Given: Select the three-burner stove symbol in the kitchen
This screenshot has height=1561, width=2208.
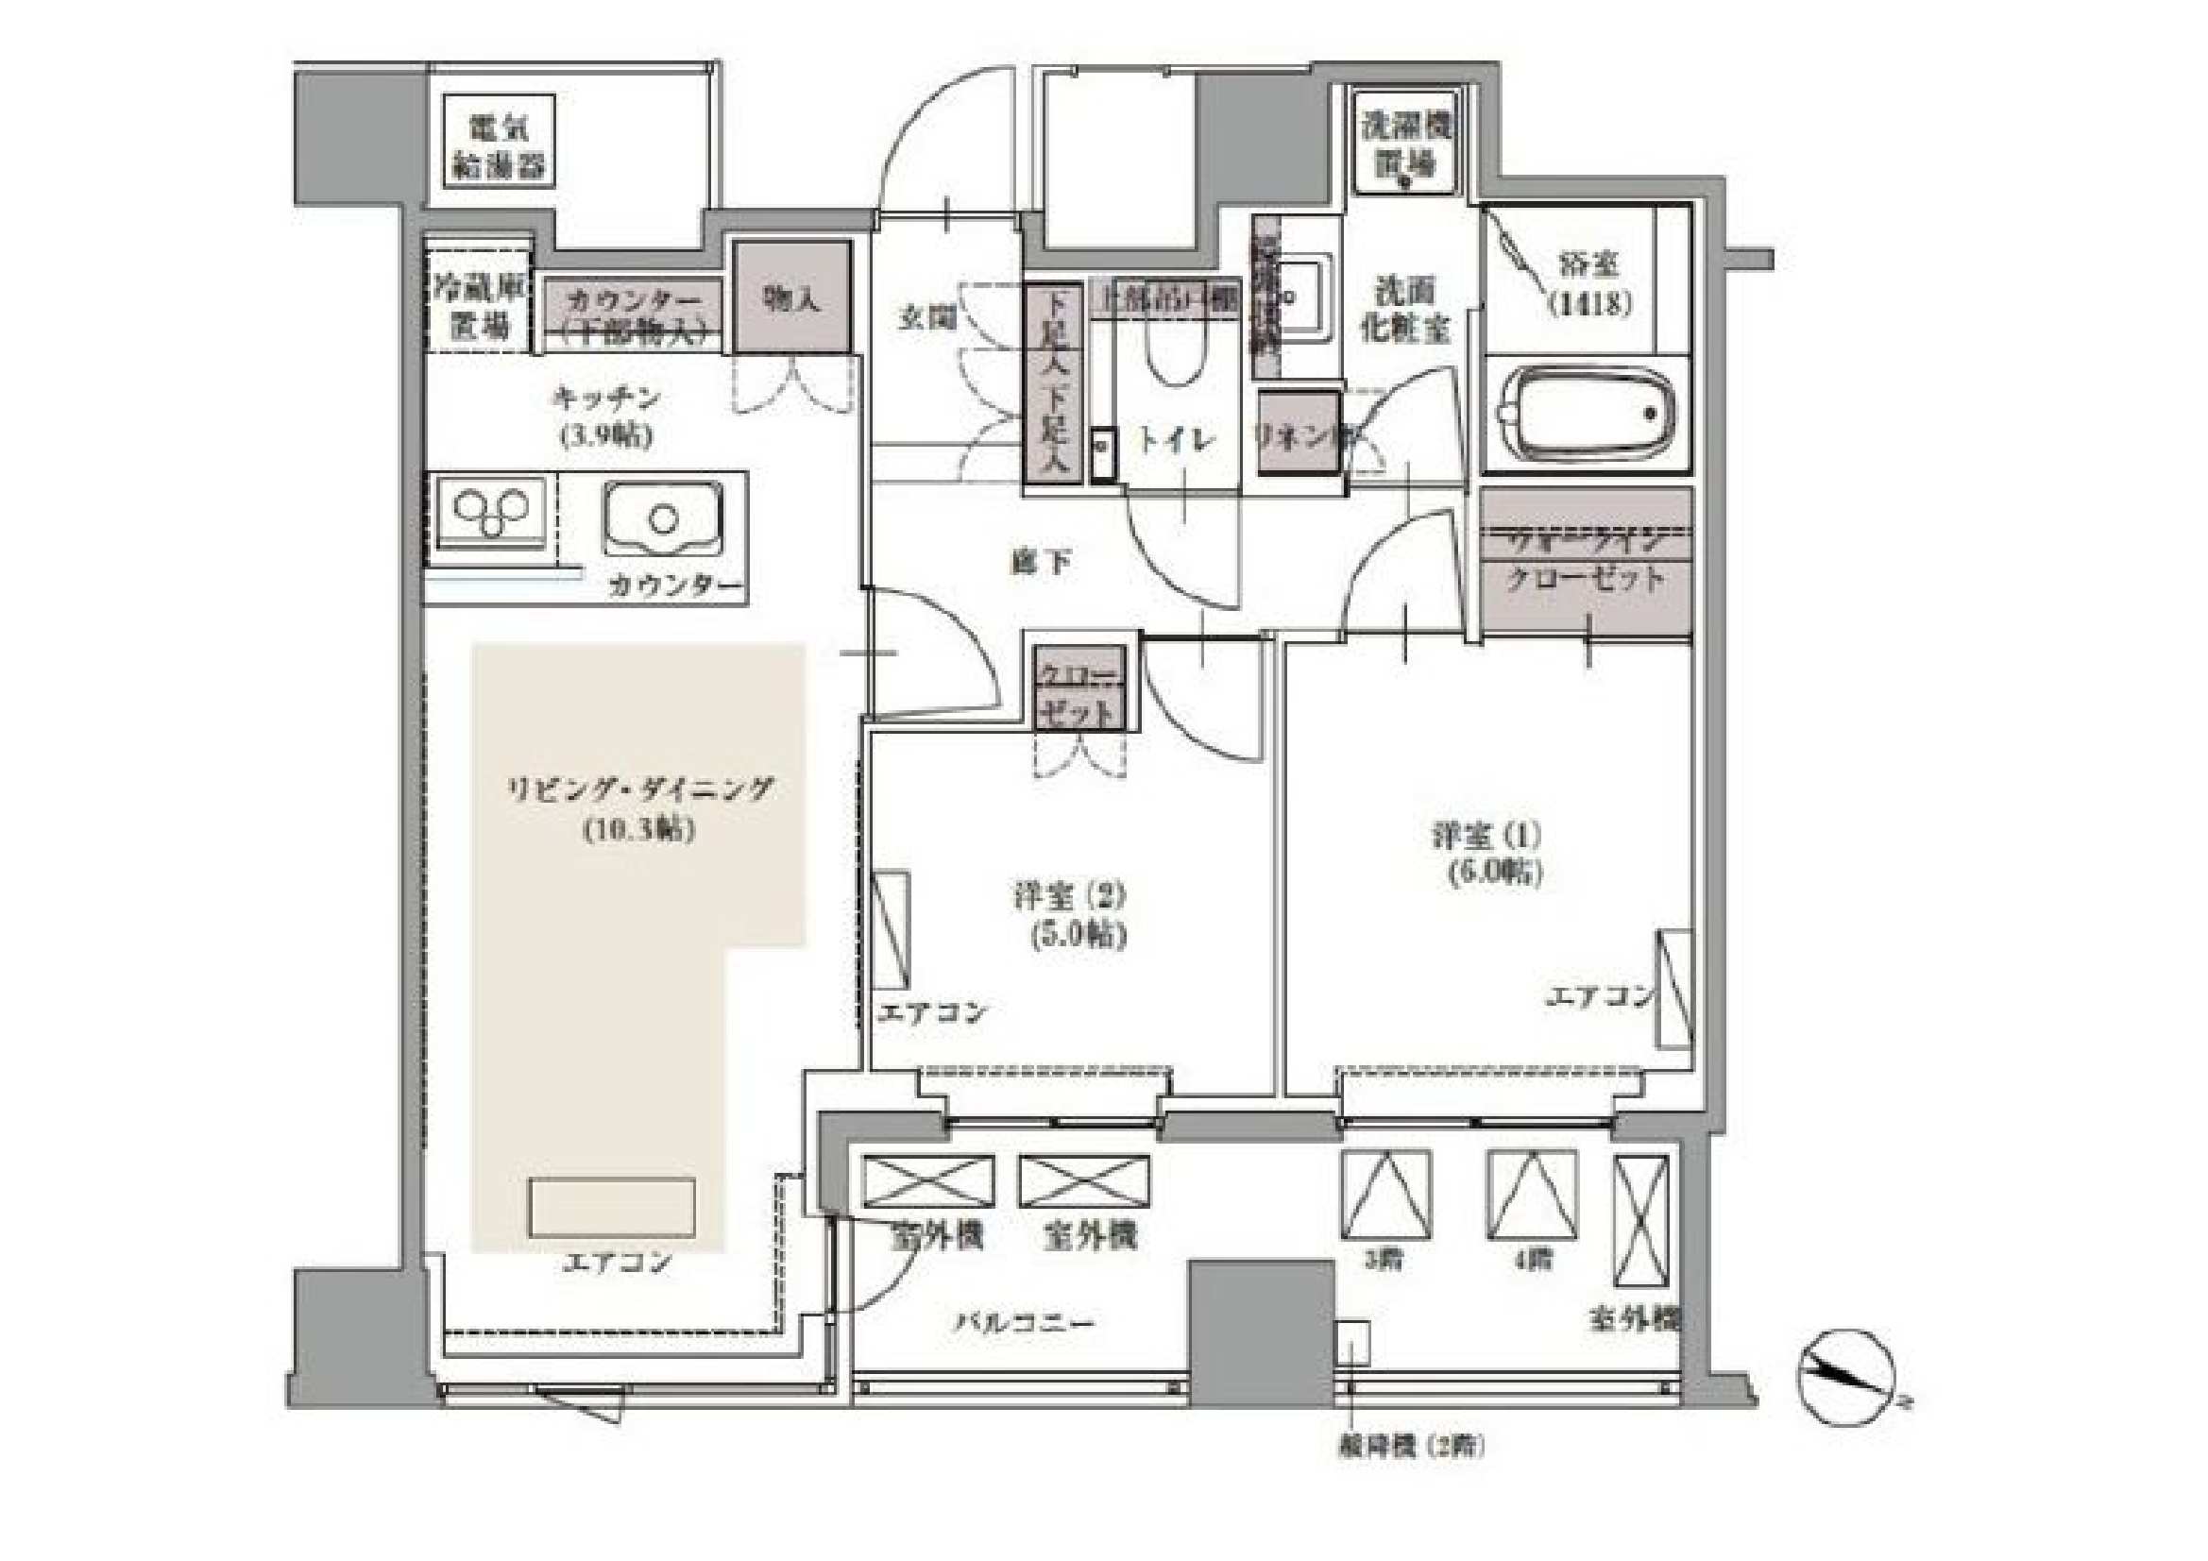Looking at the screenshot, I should click(490, 513).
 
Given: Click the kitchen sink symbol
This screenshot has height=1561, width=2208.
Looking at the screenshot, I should click(664, 519).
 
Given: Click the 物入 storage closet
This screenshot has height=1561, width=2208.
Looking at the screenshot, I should click(792, 297).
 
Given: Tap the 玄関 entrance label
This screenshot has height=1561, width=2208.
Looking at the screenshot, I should click(927, 318).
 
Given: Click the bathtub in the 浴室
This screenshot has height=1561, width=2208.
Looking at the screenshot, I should click(1587, 417).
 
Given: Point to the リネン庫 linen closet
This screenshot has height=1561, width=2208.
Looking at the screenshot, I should click(1299, 434).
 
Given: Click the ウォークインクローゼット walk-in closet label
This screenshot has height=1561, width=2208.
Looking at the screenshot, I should click(1586, 561).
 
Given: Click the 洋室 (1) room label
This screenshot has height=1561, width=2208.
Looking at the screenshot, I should click(1486, 852).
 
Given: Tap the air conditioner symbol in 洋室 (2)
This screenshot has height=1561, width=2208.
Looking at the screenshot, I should click(892, 929).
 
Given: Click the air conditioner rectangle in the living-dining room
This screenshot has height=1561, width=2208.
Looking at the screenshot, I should click(612, 1207).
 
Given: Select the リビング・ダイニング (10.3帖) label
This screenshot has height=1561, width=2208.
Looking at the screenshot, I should click(639, 808).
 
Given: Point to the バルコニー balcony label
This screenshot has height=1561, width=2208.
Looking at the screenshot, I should click(1024, 1323).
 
